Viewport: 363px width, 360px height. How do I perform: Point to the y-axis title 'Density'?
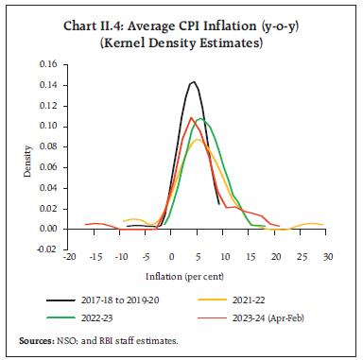point(27,157)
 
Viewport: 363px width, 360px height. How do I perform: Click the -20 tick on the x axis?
point(69,257)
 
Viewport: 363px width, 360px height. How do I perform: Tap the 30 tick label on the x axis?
point(327,257)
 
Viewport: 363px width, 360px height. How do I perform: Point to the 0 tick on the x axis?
point(172,257)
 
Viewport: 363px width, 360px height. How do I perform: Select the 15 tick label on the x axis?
point(250,257)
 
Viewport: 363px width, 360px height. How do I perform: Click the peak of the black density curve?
point(193,81)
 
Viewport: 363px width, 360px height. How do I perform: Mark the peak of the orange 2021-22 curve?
point(196,140)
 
